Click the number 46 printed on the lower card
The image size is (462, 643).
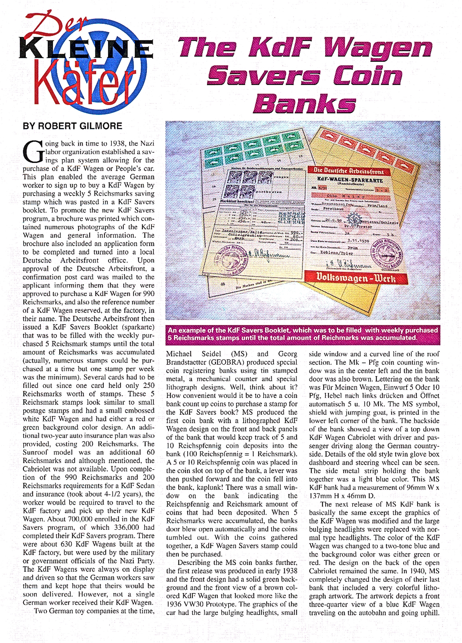[x=223, y=284]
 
